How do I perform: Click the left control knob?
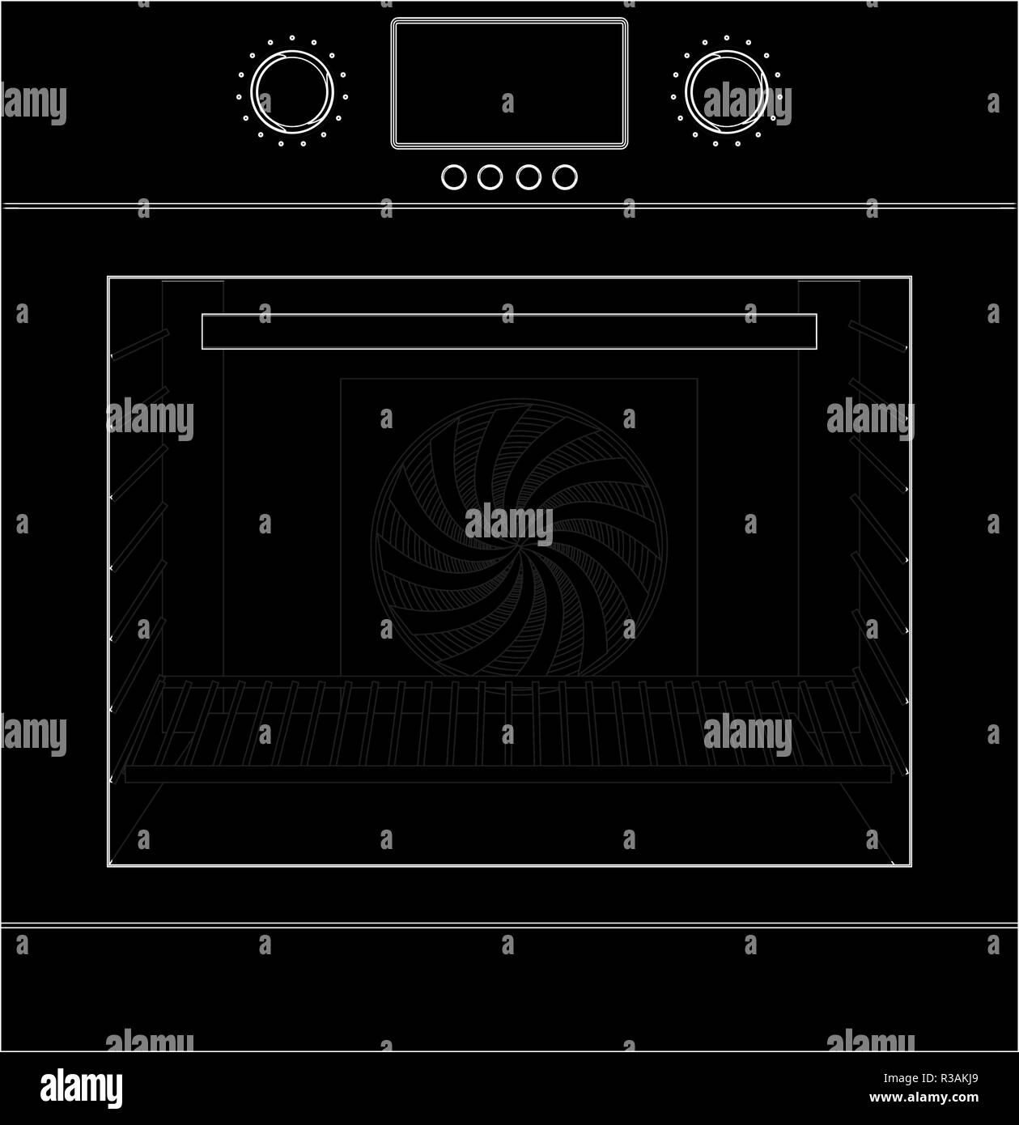[292, 91]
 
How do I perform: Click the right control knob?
[727, 91]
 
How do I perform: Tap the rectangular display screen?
[510, 83]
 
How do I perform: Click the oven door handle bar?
[509, 332]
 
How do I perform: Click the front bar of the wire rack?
[508, 775]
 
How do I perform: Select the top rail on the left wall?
[139, 345]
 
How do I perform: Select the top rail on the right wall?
[878, 337]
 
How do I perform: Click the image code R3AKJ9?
[953, 1079]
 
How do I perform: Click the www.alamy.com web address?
[923, 1098]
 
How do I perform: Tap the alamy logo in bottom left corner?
[81, 1089]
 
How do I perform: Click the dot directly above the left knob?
[291, 37]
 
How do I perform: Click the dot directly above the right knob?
[726, 37]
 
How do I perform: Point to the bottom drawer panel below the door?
[509, 987]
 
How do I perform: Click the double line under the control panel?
[509, 206]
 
